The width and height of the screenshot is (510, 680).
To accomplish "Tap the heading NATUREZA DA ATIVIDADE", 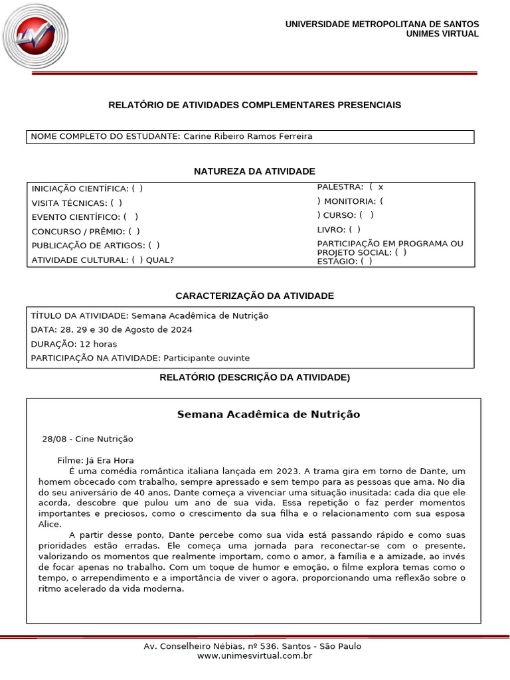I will click(254, 171).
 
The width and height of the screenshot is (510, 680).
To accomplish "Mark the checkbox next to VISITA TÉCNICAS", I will click(116, 203).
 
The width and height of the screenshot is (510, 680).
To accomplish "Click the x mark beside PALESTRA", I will click(381, 187).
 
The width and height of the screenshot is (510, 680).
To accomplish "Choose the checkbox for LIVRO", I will click(355, 229).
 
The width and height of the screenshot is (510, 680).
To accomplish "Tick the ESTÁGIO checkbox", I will click(367, 261).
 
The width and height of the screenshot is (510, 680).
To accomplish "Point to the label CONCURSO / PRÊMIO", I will click(77, 232).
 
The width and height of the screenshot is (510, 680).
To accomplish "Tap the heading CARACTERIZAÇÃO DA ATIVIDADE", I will click(254, 296).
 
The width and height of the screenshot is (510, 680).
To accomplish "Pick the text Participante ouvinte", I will click(207, 358).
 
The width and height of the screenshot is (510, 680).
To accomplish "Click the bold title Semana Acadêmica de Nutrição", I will click(268, 414).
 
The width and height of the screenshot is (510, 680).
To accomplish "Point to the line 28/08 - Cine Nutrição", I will click(88, 439).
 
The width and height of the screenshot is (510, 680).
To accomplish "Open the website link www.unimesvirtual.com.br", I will click(254, 656).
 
